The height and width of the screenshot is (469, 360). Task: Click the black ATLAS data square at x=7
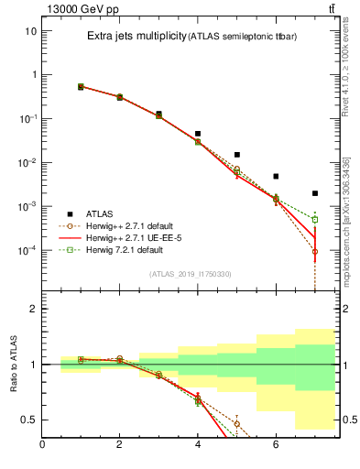[x=315, y=193]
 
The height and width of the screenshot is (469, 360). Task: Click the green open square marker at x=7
[x=315, y=220]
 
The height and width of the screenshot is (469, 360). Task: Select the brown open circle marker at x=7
[x=315, y=251]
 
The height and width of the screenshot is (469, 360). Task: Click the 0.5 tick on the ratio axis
[x=27, y=420]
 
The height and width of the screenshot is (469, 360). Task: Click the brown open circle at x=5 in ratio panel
[x=237, y=423]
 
